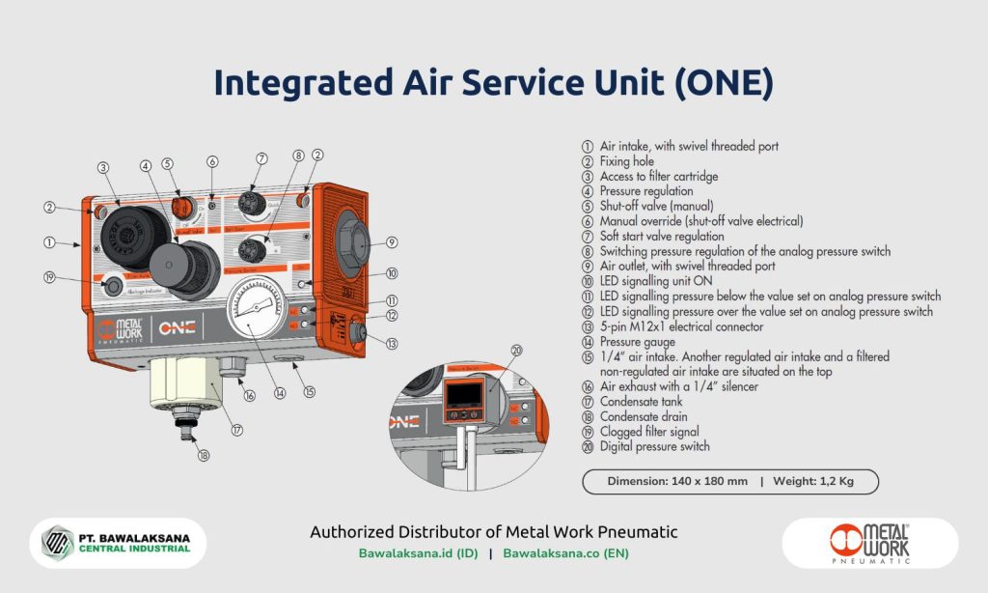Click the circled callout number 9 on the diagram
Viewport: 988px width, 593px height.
pos(392,241)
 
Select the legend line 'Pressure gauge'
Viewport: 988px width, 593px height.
pos(637,342)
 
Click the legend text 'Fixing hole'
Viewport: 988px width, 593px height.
pos(626,161)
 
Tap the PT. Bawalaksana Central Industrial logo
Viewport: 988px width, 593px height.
pos(118,544)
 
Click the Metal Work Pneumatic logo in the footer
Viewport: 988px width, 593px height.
pos(869,544)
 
